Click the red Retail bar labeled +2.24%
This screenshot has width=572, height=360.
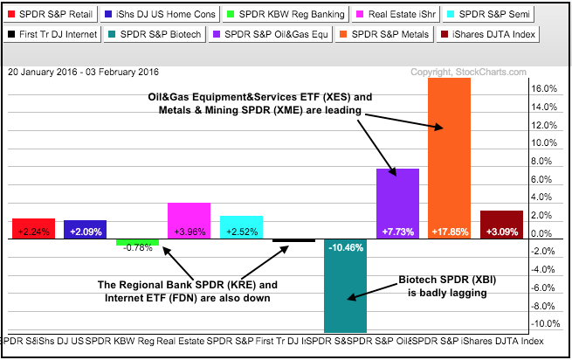pyautogui.click(x=34, y=228)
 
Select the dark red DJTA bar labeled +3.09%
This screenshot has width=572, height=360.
pyautogui.click(x=501, y=224)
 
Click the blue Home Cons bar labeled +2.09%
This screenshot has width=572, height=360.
pyautogui.click(x=86, y=229)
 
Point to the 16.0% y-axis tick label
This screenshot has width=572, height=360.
pyautogui.click(x=545, y=88)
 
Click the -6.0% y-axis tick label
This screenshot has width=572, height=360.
pyautogui.click(x=545, y=288)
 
